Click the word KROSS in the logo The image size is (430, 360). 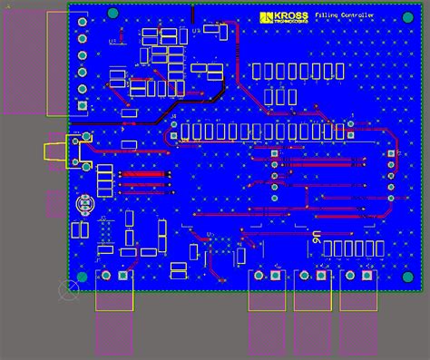pyautogui.click(x=290, y=15)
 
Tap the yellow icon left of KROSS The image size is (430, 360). pyautogui.click(x=266, y=18)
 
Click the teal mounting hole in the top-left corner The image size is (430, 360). pyautogui.click(x=112, y=13)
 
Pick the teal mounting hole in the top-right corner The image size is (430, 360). pyautogui.click(x=407, y=14)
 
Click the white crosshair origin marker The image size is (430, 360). pyautogui.click(x=68, y=290)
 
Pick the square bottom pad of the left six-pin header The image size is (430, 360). pyautogui.click(x=83, y=105)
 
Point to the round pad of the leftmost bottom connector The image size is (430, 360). pyautogui.click(x=105, y=275)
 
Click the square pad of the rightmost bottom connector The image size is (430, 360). pyautogui.click(x=368, y=275)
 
